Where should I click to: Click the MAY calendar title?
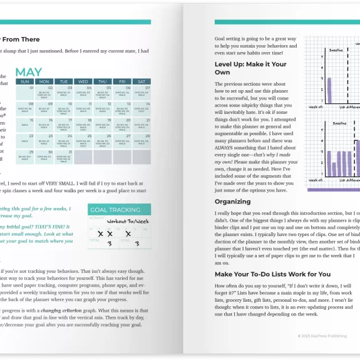[29, 73]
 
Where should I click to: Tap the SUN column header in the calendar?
[25, 81]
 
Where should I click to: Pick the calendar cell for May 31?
[64, 155]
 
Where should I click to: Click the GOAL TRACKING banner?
[119, 210]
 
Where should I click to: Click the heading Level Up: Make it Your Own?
[250, 68]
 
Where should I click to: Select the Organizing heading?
[233, 202]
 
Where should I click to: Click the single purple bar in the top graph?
[329, 90]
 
